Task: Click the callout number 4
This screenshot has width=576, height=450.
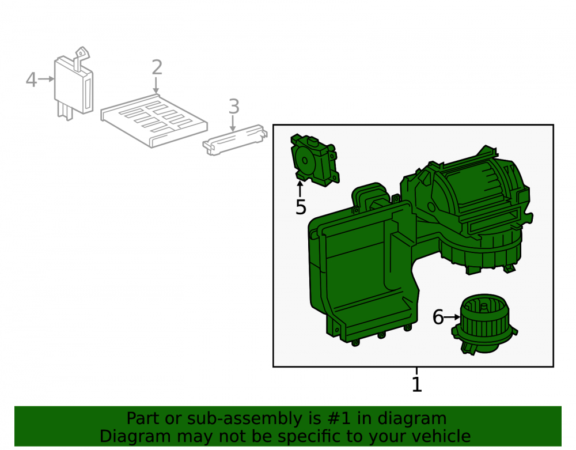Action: (x=31, y=80)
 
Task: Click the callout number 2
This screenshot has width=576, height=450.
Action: (x=157, y=67)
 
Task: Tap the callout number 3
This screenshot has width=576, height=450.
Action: (x=234, y=107)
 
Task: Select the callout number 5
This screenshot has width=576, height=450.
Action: (x=301, y=207)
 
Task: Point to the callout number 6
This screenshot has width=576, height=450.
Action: (x=438, y=317)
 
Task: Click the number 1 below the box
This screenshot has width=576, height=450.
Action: (x=416, y=384)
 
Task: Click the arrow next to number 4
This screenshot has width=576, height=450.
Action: (x=46, y=79)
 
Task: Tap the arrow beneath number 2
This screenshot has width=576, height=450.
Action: (x=156, y=85)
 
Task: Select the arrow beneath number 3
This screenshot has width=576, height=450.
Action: (x=233, y=123)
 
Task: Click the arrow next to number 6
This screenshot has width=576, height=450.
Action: (x=452, y=317)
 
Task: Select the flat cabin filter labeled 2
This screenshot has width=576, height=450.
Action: (x=154, y=121)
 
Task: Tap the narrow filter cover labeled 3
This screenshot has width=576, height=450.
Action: (x=235, y=140)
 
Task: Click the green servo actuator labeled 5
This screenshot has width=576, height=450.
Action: (x=314, y=160)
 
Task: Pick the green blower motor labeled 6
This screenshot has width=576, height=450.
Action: (x=484, y=324)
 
